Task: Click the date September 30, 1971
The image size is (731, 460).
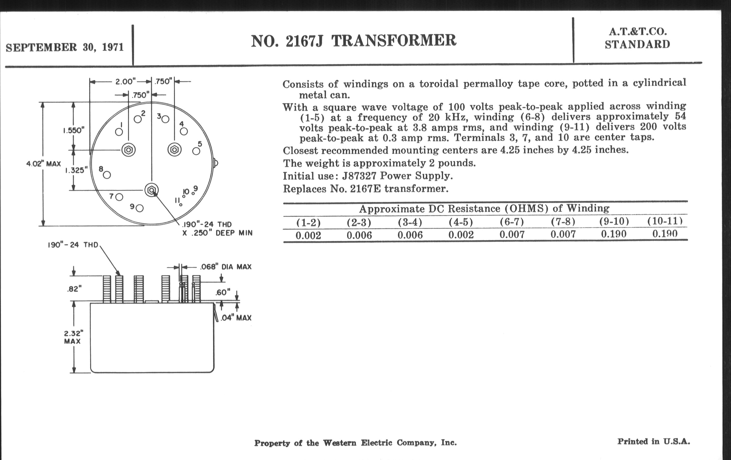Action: point(65,48)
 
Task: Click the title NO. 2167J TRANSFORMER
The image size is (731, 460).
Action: point(353,41)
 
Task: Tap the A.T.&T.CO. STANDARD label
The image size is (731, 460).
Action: point(638,38)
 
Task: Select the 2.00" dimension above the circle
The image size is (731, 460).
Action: point(125,82)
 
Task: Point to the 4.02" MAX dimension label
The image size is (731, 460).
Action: point(43,164)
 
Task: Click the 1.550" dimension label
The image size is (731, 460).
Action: point(73,130)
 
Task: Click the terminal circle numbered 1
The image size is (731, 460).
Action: point(119,132)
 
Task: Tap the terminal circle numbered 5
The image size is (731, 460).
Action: point(196,151)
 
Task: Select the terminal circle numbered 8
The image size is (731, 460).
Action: point(107,175)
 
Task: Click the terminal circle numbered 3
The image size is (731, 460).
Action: point(165,119)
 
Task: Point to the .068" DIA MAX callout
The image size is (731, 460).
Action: point(225,267)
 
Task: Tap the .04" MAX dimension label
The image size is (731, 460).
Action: point(236,318)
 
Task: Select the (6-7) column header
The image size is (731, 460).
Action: point(512,222)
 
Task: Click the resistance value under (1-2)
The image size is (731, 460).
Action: point(308,235)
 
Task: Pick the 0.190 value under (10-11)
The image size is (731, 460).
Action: point(665,234)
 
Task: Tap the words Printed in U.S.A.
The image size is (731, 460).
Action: point(653,441)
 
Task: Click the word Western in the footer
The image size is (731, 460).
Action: point(339,443)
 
